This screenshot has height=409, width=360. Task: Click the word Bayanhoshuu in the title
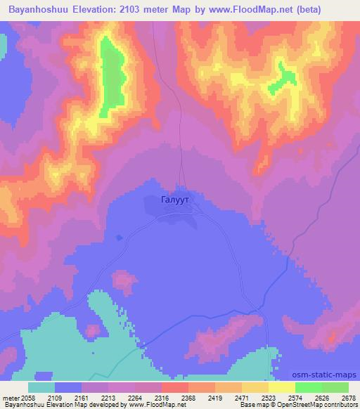[x=36, y=9]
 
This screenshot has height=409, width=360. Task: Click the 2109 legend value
[x=68, y=398]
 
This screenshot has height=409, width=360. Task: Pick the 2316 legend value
[x=176, y=398]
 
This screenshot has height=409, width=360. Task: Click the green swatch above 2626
[x=309, y=387]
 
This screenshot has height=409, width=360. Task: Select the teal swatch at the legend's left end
[x=41, y=387]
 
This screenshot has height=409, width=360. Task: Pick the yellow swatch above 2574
[x=282, y=387]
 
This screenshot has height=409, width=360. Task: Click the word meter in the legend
[x=10, y=398]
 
